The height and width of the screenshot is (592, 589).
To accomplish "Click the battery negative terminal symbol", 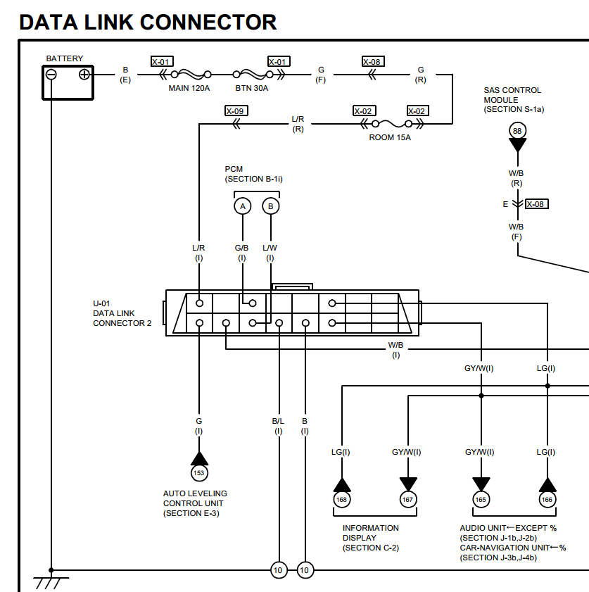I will [51, 74].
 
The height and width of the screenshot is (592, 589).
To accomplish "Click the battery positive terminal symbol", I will [84, 74].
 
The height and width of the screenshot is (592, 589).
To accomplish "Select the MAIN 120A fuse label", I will [189, 89].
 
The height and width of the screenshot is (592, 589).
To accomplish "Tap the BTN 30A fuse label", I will [252, 89].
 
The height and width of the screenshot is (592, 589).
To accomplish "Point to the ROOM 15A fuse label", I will [390, 137].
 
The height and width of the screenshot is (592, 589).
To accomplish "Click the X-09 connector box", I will [236, 111].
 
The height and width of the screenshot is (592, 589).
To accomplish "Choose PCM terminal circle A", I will [243, 206].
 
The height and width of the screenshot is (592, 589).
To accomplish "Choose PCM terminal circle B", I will [270, 206].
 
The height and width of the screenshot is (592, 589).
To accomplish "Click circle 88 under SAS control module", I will [517, 131].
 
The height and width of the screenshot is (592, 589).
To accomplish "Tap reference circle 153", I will [199, 473].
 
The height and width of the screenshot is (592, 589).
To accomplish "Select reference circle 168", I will [342, 500].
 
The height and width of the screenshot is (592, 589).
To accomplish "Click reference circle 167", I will [408, 500].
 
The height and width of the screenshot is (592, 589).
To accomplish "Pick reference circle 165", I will [481, 500].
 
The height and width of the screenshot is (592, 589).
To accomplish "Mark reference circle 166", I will [547, 500].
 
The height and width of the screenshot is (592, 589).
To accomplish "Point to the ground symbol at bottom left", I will [51, 581].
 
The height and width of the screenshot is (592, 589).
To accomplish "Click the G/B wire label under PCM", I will [241, 248].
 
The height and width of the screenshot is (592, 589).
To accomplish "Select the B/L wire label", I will [278, 421].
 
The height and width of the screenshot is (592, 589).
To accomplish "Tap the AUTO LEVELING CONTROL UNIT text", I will [195, 503].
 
